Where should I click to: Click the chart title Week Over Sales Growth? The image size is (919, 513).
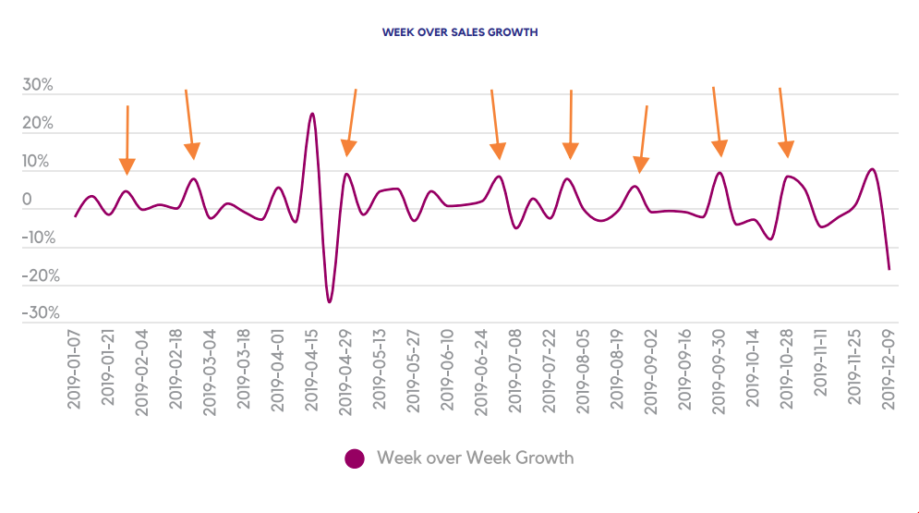[460, 32]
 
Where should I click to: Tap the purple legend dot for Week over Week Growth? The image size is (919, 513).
[356, 458]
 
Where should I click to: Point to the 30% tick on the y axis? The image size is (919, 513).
[38, 86]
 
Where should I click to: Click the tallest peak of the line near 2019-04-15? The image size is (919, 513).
[312, 114]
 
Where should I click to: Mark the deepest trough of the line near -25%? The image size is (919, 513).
[330, 302]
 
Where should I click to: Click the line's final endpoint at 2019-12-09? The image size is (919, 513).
[889, 269]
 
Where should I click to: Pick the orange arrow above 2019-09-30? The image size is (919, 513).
[717, 120]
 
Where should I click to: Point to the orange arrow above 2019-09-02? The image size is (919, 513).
[643, 139]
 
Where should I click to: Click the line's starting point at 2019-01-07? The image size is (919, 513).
[76, 216]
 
